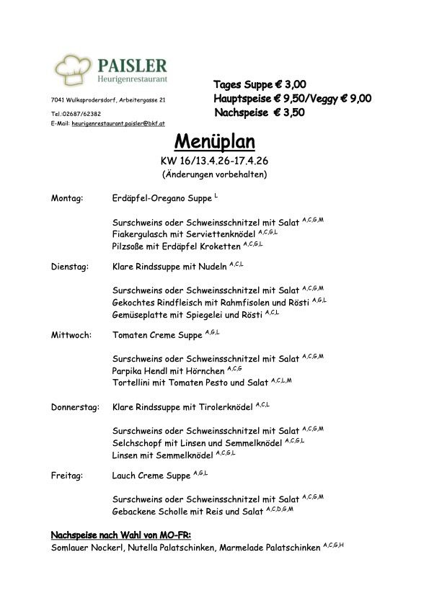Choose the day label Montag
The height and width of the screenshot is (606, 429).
[67, 197]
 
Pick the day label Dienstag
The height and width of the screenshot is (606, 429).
[69, 267]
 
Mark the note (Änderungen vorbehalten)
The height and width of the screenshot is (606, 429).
[214, 174]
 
